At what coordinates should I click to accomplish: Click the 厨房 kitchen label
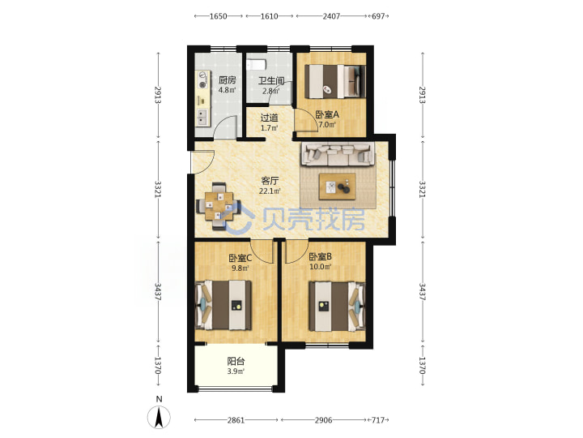click(x=228, y=79)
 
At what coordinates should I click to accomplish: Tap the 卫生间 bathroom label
click(x=271, y=80)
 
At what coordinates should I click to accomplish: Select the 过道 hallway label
click(x=269, y=118)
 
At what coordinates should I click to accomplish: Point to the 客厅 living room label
click(x=270, y=181)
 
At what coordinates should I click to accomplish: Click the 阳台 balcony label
click(x=236, y=361)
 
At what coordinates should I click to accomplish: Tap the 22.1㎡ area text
click(x=270, y=191)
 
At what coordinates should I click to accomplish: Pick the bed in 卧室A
click(x=335, y=82)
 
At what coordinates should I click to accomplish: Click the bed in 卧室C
click(x=223, y=306)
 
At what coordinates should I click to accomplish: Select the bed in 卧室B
click(x=337, y=306)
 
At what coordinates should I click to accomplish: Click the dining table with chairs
click(x=219, y=206)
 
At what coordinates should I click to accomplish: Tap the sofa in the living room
click(x=338, y=154)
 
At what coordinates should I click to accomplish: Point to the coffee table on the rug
click(x=337, y=187)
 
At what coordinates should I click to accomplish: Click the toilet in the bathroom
click(x=256, y=65)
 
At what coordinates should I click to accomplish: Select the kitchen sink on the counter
click(x=202, y=117)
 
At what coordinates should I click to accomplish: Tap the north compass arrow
click(x=160, y=417)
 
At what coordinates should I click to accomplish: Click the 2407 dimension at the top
click(x=331, y=16)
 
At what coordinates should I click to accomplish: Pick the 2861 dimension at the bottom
click(x=236, y=420)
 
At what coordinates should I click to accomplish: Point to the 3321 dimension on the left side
click(x=159, y=189)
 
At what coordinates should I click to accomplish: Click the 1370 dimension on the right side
click(x=423, y=365)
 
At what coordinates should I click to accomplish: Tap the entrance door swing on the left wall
click(x=202, y=162)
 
